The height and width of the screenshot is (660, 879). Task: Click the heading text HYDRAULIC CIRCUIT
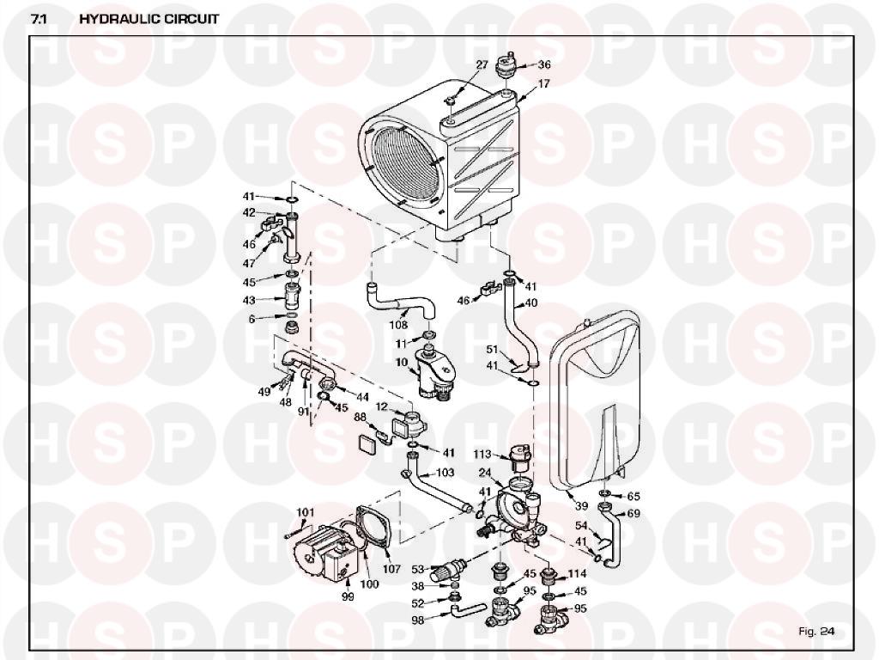(x=149, y=19)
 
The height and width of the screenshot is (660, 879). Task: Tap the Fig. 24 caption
(x=816, y=632)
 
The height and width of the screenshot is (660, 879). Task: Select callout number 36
(x=544, y=64)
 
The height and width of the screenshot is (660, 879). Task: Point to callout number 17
(x=543, y=83)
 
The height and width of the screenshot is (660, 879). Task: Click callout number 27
(x=482, y=65)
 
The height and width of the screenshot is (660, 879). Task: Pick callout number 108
(x=398, y=326)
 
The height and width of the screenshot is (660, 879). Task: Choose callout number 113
(x=482, y=455)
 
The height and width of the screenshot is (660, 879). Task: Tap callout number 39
(x=581, y=505)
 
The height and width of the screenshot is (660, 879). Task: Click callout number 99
(x=348, y=596)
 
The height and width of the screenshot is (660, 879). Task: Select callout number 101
(x=306, y=512)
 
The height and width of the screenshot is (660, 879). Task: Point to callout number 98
(x=418, y=620)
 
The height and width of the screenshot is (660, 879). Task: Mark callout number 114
(x=578, y=573)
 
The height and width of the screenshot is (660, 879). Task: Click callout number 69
(x=633, y=514)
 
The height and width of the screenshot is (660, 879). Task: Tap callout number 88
(x=360, y=418)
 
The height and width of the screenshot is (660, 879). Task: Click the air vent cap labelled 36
(x=506, y=66)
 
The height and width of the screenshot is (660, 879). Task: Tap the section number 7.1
(x=39, y=19)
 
